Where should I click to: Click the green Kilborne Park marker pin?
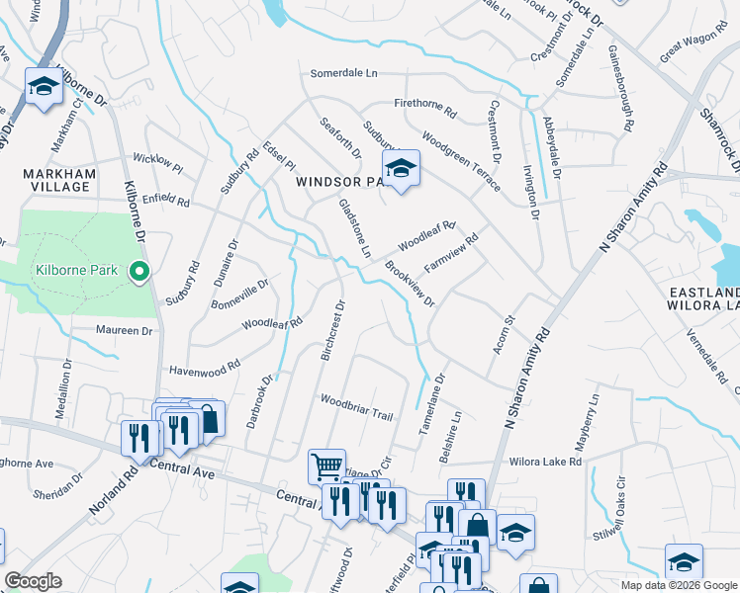pos(139,271)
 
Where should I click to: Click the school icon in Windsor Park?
pos(401,170)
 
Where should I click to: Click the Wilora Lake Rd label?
pos(544,462)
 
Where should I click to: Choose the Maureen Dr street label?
pos(127,330)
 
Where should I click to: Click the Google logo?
pos(33,581)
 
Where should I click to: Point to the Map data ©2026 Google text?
pos(679,585)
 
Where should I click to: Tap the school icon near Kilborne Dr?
pos(44,89)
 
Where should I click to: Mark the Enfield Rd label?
pos(165,199)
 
